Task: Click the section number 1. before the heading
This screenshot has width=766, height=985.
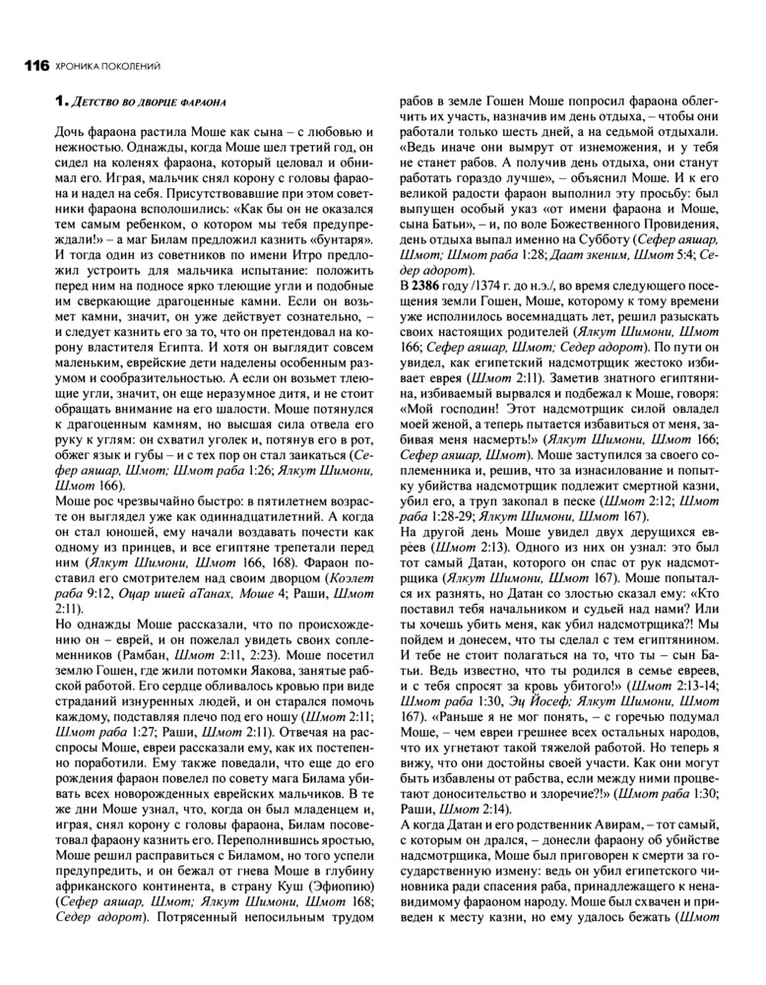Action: tap(58, 100)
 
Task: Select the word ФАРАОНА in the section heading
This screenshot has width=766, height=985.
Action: tap(206, 101)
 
